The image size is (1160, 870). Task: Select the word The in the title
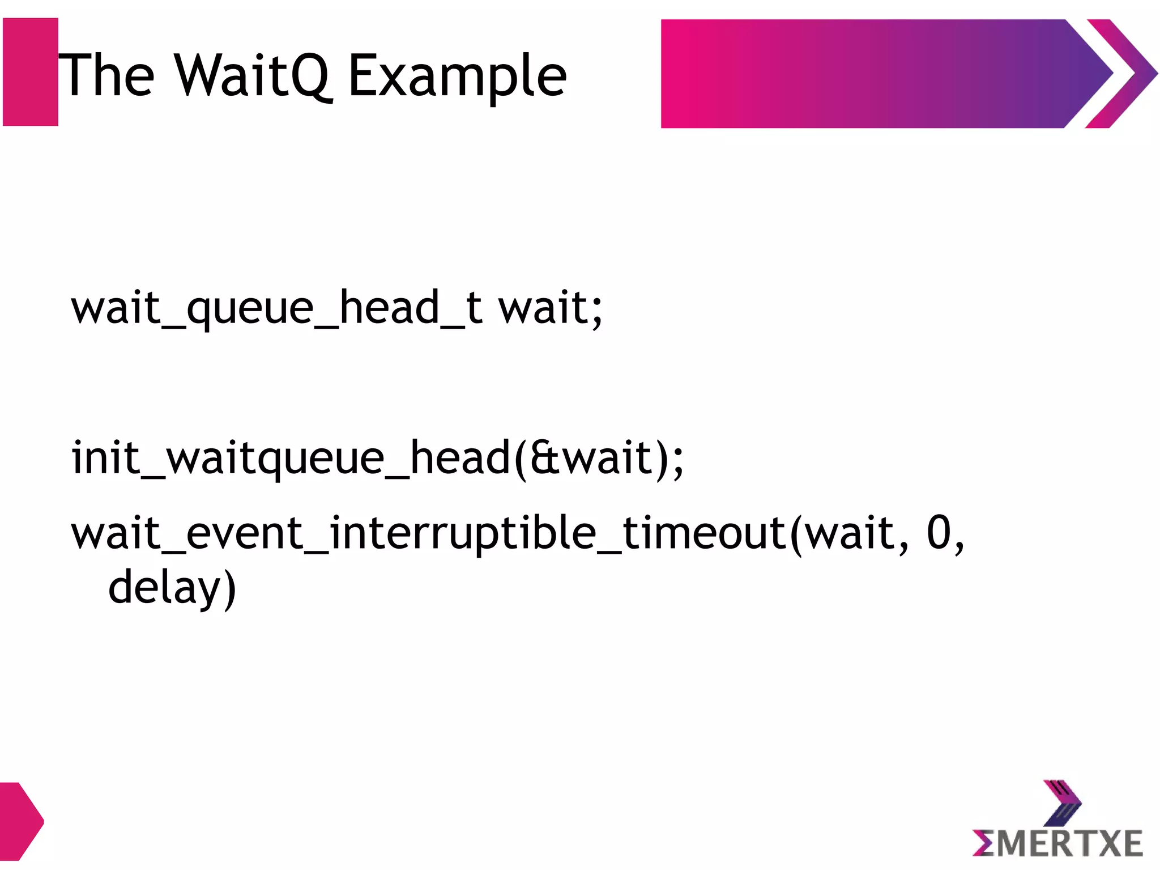(x=106, y=75)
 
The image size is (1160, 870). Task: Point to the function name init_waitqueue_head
(x=291, y=458)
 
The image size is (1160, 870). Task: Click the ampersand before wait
(x=544, y=458)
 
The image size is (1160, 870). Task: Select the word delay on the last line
(x=164, y=588)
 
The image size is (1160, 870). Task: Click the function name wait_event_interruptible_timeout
(x=428, y=533)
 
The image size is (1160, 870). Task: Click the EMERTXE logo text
(x=1058, y=843)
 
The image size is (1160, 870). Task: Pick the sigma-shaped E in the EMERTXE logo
(x=984, y=843)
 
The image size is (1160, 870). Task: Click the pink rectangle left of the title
(x=31, y=72)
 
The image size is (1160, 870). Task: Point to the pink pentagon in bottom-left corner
(x=20, y=821)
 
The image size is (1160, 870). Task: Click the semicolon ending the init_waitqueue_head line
(x=679, y=460)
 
